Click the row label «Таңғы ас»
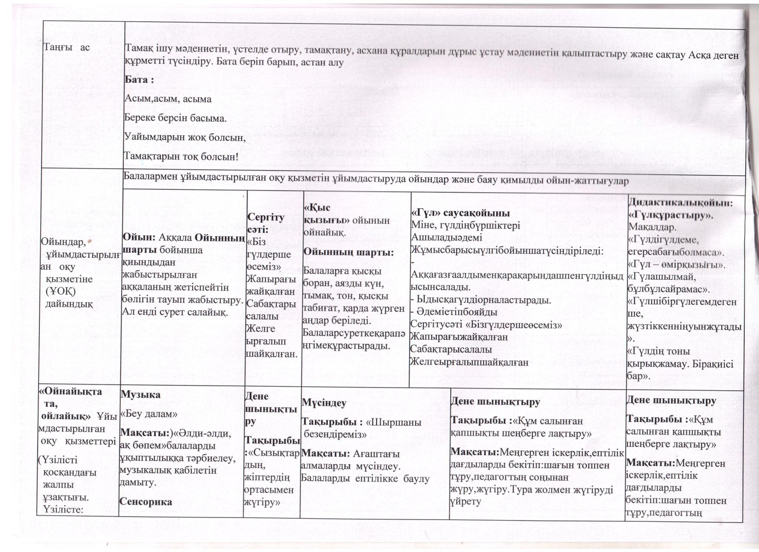coord(67,47)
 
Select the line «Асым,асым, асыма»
coord(168,99)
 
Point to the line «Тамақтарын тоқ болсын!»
coord(181,156)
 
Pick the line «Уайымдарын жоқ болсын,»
coord(185,137)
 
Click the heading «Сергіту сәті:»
coord(265,223)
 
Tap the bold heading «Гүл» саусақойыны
coord(460,213)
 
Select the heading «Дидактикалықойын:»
coord(680,203)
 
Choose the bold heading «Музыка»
coord(140,394)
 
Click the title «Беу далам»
coord(149,413)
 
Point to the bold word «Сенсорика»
coord(146,502)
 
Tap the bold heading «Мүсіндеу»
coord(324,403)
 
